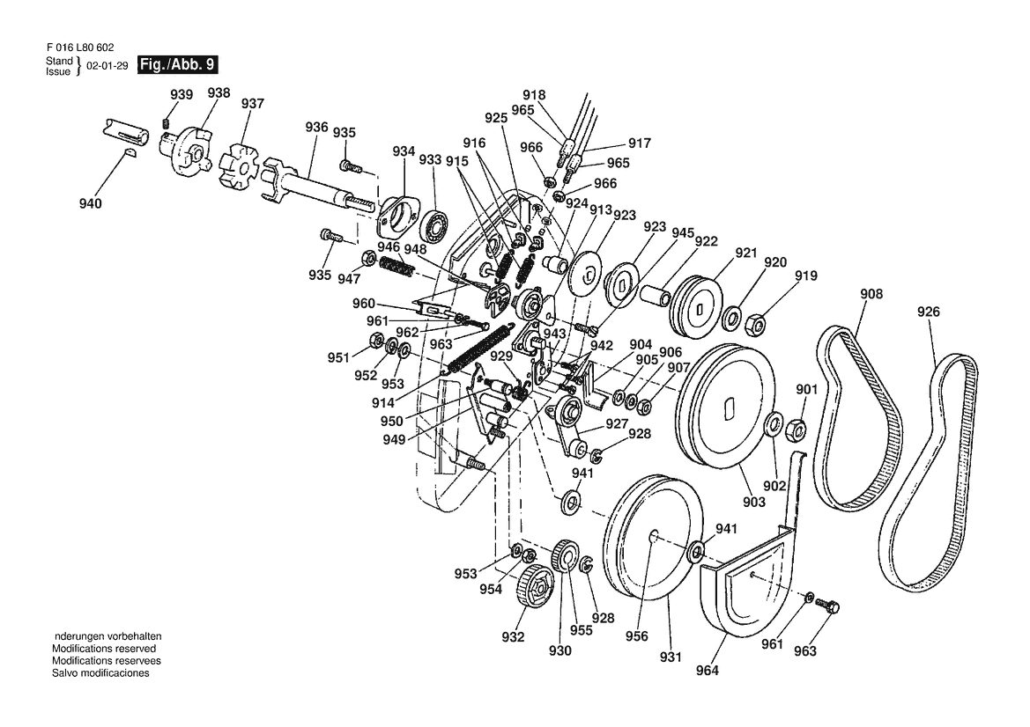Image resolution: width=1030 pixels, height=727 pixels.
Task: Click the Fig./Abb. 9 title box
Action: click(x=177, y=65)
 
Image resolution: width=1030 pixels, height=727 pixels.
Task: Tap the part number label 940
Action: click(x=90, y=203)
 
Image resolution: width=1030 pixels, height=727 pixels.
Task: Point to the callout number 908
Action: click(x=871, y=294)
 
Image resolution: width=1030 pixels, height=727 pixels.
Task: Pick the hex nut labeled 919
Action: click(x=755, y=323)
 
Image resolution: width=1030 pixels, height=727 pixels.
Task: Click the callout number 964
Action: click(x=707, y=670)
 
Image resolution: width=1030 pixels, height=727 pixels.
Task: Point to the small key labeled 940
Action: click(x=130, y=153)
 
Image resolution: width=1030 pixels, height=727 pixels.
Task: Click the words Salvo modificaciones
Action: click(x=100, y=672)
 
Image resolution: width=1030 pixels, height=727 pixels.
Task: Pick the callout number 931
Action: click(x=670, y=656)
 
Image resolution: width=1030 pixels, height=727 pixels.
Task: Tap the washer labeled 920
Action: click(x=732, y=319)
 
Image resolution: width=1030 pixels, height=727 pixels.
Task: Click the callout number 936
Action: click(x=316, y=127)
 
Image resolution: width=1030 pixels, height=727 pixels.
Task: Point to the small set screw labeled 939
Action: click(x=167, y=122)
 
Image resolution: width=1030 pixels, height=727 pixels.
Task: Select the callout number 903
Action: click(x=753, y=502)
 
